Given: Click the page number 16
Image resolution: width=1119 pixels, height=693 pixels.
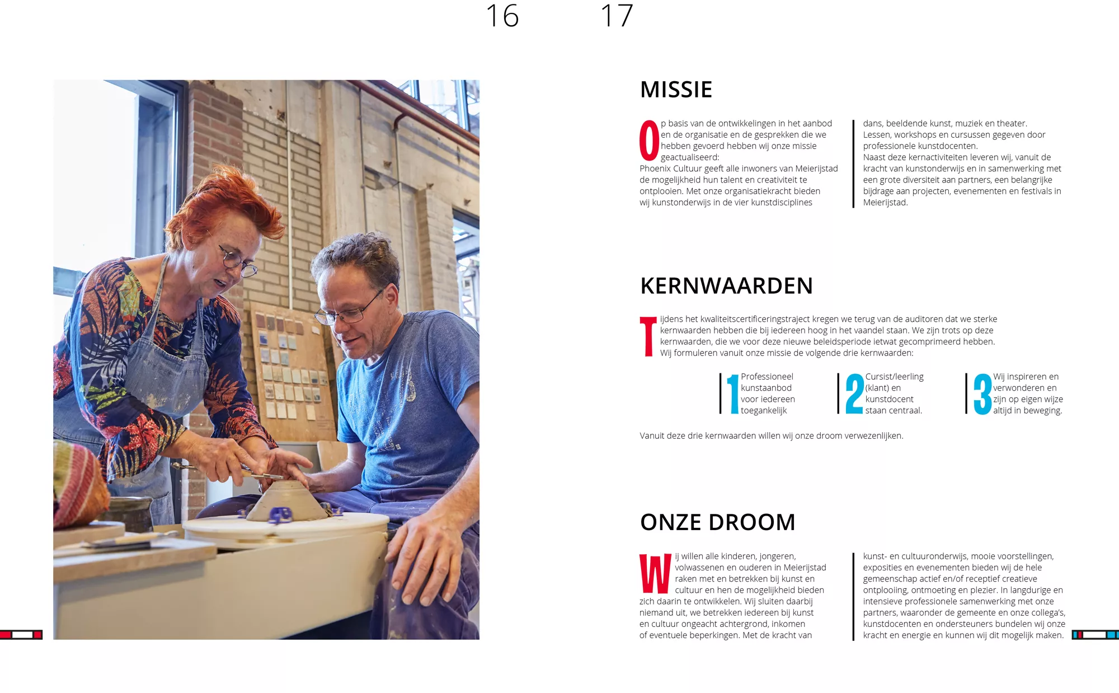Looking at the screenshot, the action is (x=502, y=16).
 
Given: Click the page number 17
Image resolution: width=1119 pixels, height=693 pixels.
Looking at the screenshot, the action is (x=617, y=16).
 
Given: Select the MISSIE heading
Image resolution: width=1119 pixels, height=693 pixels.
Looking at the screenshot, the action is (x=676, y=90).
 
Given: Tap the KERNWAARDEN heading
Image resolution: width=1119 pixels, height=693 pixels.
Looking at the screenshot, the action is (x=726, y=286).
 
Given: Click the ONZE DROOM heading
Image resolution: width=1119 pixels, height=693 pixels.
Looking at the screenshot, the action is (x=718, y=522).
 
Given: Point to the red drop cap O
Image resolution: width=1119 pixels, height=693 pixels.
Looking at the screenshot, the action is (x=649, y=141).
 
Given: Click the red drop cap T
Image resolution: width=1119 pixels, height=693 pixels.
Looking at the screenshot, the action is (x=648, y=336).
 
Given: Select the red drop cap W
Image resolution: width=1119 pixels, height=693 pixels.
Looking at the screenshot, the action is (x=655, y=573).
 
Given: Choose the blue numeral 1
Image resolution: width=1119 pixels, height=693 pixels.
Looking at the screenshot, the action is (x=733, y=394).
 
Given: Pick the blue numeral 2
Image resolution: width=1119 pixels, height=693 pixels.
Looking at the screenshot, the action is (x=854, y=394).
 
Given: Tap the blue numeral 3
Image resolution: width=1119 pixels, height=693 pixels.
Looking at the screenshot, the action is (x=982, y=394).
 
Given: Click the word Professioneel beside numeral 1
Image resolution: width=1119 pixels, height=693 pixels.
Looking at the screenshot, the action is (x=767, y=377).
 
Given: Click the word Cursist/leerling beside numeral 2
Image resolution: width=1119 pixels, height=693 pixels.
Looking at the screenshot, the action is (x=894, y=377).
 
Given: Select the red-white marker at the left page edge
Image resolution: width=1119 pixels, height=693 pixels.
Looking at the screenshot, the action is (x=21, y=635).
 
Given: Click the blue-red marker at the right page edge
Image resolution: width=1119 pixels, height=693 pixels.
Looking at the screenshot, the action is (x=1096, y=635).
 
